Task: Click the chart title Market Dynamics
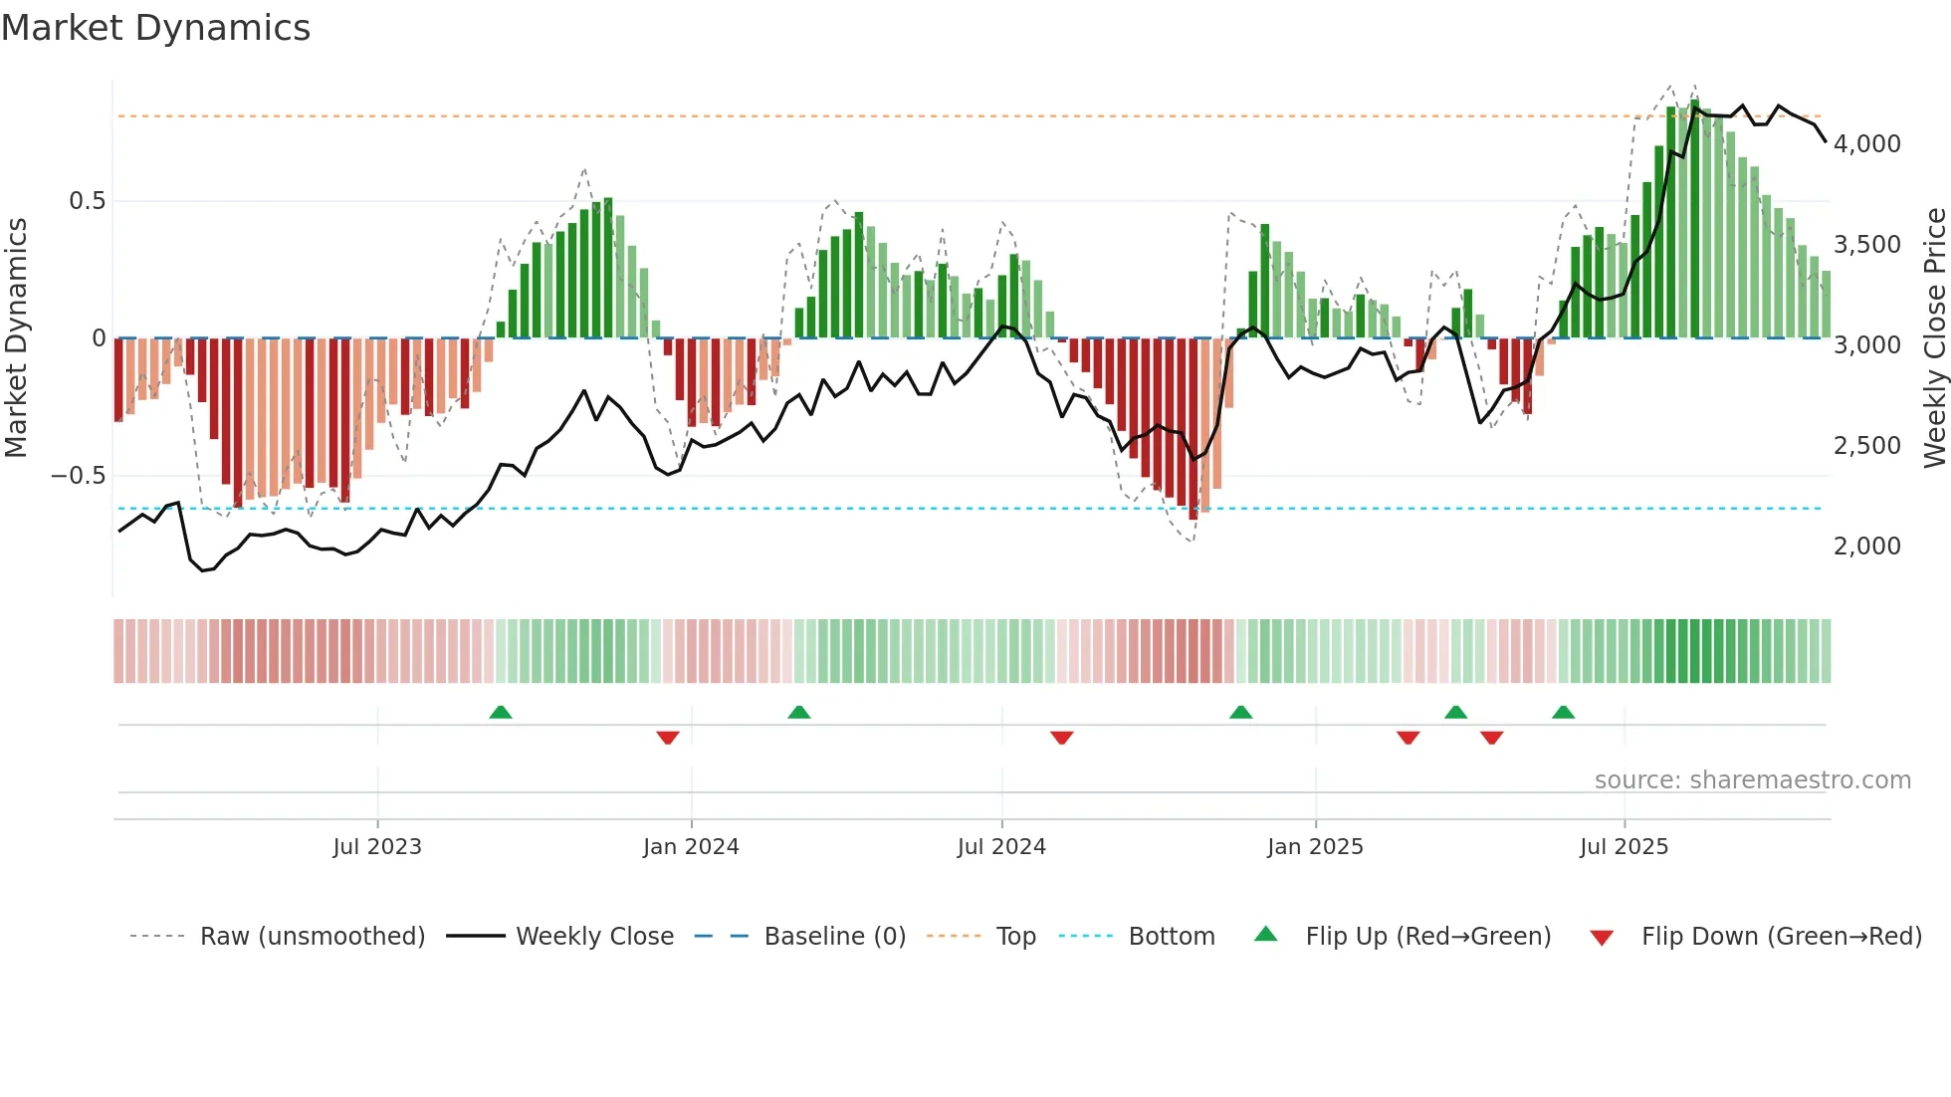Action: click(155, 28)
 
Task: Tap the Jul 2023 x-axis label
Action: click(377, 847)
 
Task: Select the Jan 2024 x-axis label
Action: click(691, 847)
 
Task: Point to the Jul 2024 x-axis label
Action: click(1001, 847)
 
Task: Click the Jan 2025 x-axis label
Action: click(1315, 847)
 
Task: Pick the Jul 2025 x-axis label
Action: click(1624, 847)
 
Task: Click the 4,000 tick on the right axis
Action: click(1866, 144)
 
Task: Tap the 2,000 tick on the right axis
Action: click(1866, 547)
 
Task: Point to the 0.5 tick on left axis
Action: click(87, 201)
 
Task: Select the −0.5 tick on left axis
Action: click(79, 476)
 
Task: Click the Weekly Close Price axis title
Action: click(1934, 338)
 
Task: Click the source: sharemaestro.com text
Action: click(1752, 780)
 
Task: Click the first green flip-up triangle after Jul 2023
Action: click(501, 713)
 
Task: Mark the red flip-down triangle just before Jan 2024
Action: click(668, 738)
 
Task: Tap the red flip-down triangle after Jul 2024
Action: click(1062, 738)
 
